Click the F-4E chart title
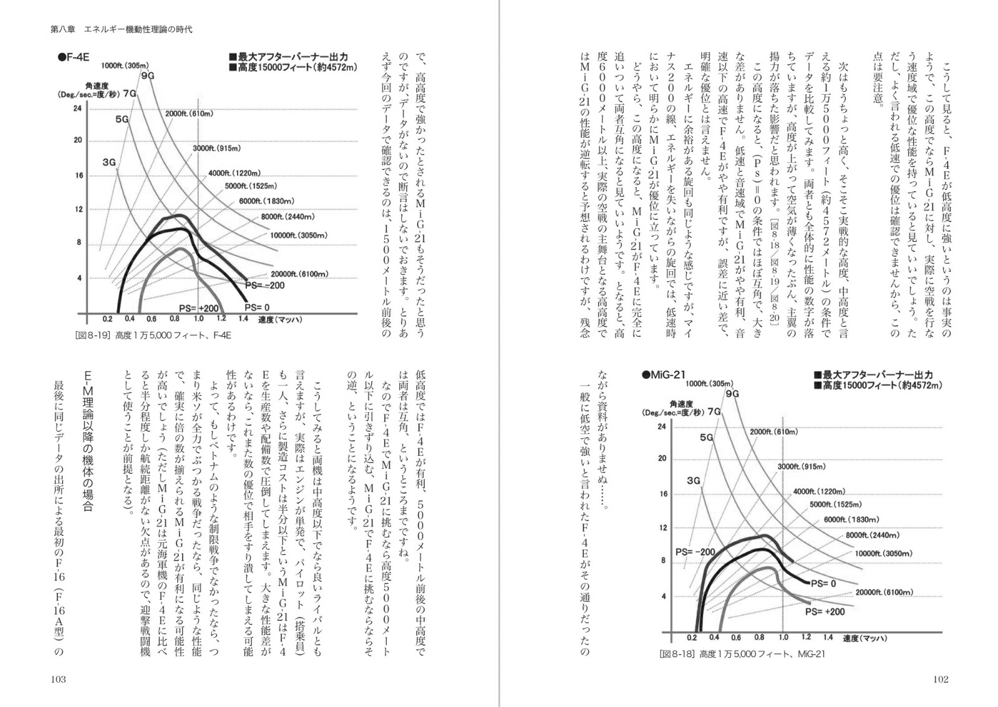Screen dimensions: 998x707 tap(74, 57)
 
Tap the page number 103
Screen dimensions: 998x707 tap(59, 679)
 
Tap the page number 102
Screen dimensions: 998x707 tap(941, 679)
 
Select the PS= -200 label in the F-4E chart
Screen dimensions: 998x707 tap(264, 286)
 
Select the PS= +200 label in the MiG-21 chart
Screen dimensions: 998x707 tap(825, 612)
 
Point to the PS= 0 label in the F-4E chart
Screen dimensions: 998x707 tap(257, 307)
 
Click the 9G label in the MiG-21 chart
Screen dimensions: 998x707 tap(732, 394)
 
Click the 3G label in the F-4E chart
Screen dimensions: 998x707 tap(109, 162)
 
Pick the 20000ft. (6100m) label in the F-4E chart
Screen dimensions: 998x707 tap(299, 274)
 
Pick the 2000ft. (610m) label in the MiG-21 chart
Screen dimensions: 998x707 tap(774, 432)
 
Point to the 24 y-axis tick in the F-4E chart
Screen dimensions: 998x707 tap(77, 108)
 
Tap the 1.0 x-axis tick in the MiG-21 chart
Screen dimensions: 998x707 tap(783, 637)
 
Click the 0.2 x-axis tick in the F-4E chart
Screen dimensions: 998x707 tap(107, 319)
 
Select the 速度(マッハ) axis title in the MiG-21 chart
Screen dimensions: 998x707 tap(865, 638)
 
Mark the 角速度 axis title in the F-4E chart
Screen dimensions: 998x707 tap(97, 86)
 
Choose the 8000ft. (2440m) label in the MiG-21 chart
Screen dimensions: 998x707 tap(873, 535)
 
